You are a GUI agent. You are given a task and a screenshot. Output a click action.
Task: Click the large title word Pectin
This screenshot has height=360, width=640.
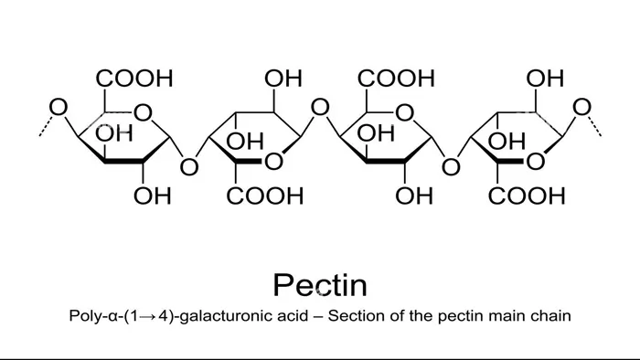pos(320,285)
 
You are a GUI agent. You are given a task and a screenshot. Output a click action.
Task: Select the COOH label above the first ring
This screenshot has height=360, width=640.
pos(135,79)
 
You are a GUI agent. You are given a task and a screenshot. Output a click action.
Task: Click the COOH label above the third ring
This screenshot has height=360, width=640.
pos(397,79)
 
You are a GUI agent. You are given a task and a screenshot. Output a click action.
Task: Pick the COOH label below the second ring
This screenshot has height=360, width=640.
pos(265,196)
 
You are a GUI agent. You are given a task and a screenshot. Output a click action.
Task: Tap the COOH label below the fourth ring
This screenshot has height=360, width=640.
pos(527,196)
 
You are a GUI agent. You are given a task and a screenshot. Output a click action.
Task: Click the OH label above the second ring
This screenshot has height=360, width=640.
pos(283,79)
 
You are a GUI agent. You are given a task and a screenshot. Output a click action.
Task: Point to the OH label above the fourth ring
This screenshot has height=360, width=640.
pos(545,79)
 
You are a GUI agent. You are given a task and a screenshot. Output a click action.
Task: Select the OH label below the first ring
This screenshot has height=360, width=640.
pos(153,196)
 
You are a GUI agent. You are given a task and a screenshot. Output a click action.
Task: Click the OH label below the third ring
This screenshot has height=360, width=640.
pos(414,196)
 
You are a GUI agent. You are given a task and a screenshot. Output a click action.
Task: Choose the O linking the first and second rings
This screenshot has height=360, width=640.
pos(188,166)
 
